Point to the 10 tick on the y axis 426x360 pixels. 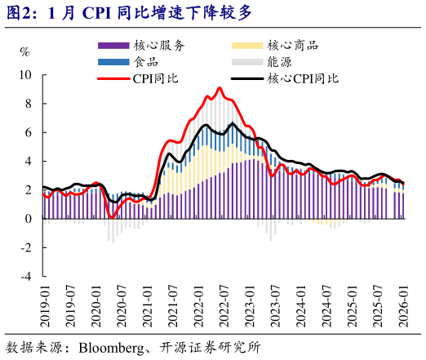click(25, 74)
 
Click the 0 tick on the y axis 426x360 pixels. click(29, 219)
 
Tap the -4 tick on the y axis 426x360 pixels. click(26, 277)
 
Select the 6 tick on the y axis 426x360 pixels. click(29, 132)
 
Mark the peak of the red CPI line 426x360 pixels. click(220, 88)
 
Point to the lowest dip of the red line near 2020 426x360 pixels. click(112, 216)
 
